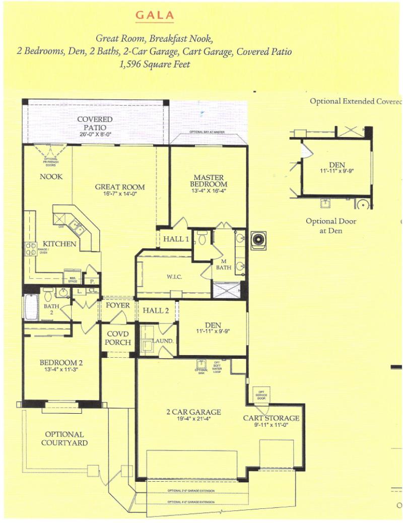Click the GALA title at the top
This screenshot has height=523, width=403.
pos(155,15)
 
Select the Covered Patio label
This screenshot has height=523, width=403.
pos(95,123)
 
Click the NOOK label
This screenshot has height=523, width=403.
pos(51,177)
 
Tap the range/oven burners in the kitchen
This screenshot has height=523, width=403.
pos(30,248)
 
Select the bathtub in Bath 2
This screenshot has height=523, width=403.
pos(31,307)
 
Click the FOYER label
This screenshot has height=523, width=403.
pos(117,306)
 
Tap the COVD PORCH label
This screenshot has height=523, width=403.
pos(118,338)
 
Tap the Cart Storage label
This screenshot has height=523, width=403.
pos(271,418)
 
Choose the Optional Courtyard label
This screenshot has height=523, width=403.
pos(64,438)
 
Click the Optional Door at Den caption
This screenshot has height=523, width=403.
pos(331,226)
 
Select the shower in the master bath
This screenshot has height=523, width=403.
pos(226,290)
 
